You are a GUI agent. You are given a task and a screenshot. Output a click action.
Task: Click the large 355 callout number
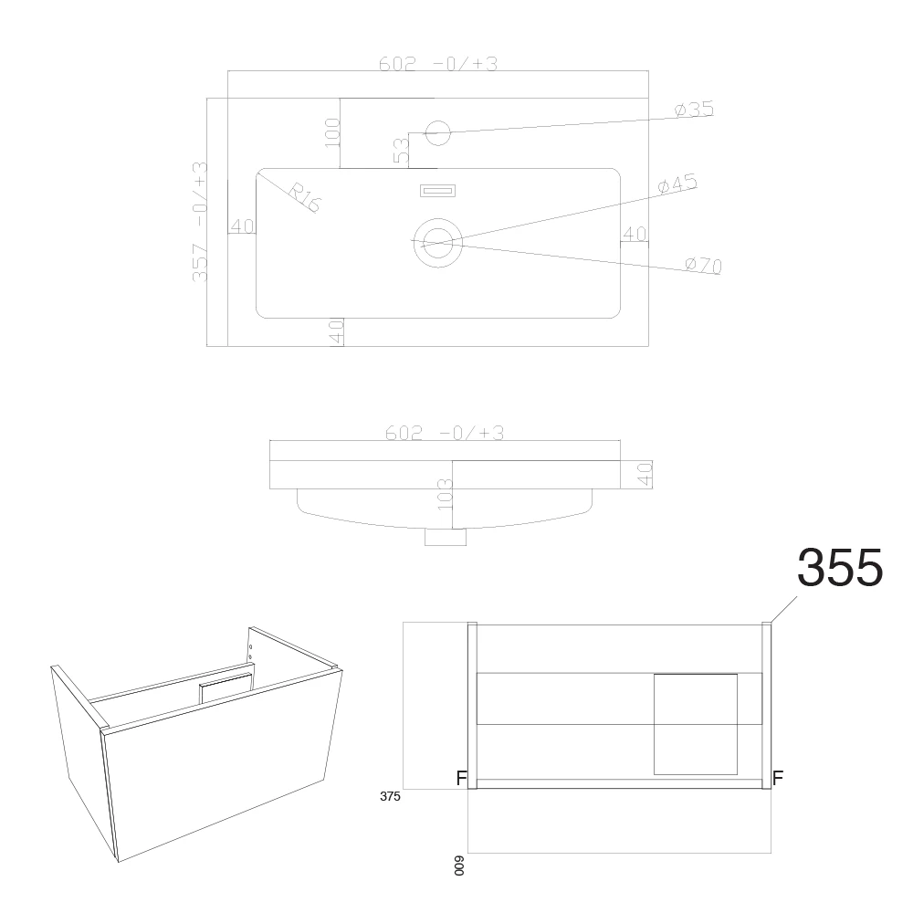(x=840, y=567)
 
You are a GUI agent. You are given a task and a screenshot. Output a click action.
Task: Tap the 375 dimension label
(x=390, y=796)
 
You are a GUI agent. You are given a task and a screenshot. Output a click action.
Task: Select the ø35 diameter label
(x=694, y=109)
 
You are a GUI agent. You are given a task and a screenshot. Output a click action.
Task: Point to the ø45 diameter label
(x=677, y=184)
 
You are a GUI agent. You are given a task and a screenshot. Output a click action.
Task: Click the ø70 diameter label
(x=704, y=265)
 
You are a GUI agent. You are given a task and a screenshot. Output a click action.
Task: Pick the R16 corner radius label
(x=305, y=197)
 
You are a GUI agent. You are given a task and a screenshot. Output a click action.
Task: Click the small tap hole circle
(x=438, y=132)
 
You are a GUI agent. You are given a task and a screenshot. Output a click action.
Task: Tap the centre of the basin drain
(x=438, y=243)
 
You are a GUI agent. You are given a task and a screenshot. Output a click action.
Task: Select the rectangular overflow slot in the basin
(x=438, y=191)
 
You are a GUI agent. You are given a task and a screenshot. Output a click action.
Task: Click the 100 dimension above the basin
(x=332, y=132)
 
